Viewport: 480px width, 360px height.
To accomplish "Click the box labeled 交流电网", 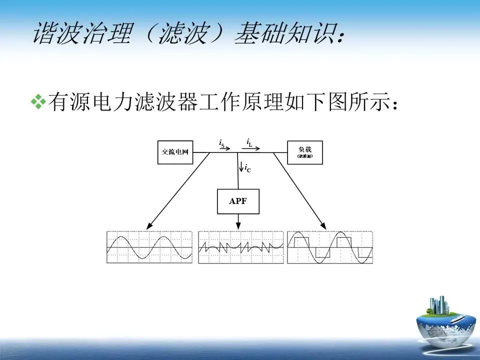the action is [x=175, y=152].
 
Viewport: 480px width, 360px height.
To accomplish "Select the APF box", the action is [x=238, y=201].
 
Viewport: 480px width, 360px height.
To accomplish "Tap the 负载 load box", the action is [x=305, y=152].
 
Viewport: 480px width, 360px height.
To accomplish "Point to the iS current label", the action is [x=221, y=143].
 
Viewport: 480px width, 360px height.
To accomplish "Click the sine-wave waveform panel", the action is [x=149, y=247].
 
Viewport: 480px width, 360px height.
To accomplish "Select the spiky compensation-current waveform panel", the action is [x=241, y=247].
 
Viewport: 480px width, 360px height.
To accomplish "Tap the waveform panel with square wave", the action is [x=330, y=247].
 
